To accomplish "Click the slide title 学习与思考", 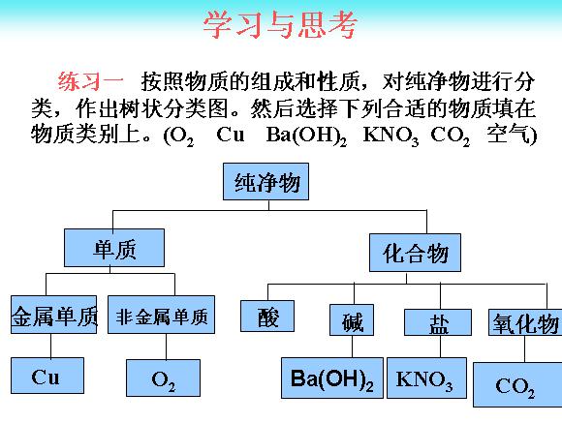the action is pyautogui.click(x=280, y=24).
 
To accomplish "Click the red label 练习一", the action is pyautogui.click(x=90, y=81).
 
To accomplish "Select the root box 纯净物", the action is pyautogui.click(x=265, y=182).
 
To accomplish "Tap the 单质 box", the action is pyautogui.click(x=114, y=248).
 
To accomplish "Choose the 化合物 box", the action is pyautogui.click(x=415, y=253).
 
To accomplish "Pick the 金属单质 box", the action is pyautogui.click(x=53, y=315).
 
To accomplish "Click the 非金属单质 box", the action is pyautogui.click(x=161, y=315).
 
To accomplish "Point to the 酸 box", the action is pyautogui.click(x=267, y=316).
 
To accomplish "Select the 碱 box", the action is pyautogui.click(x=352, y=319).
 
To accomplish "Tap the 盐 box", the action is pyautogui.click(x=438, y=322).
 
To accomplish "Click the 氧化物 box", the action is pyautogui.click(x=525, y=322).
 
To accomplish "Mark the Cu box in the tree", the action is pyautogui.click(x=47, y=376).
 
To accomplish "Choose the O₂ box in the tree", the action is pyautogui.click(x=163, y=378).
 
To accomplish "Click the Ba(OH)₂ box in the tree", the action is pyautogui.click(x=332, y=378).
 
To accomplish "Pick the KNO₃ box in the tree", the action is pyautogui.click(x=427, y=378).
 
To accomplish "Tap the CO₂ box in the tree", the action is pyautogui.click(x=517, y=384).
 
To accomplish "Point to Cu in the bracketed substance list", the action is pyautogui.click(x=231, y=135).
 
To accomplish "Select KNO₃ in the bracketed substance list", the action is pyautogui.click(x=390, y=136).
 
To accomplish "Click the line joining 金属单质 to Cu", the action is pyautogui.click(x=50, y=346).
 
